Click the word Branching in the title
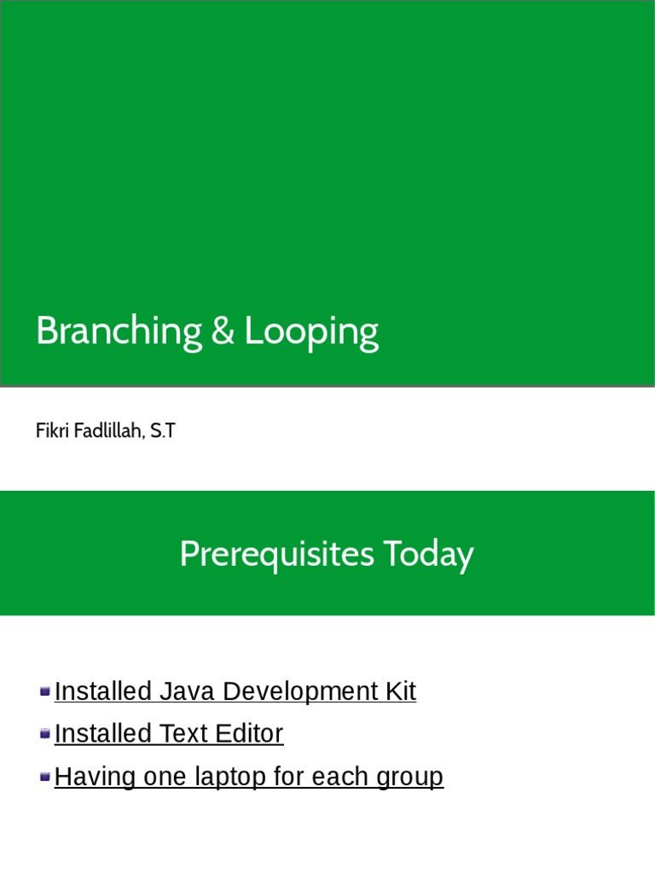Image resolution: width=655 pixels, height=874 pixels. click(118, 331)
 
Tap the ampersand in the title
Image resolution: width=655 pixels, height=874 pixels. click(222, 331)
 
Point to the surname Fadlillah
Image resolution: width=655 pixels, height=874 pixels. click(106, 431)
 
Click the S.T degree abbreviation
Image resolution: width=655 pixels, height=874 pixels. click(162, 431)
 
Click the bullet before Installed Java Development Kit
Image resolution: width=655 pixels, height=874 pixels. click(45, 690)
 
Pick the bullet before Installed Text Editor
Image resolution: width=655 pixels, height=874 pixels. click(45, 733)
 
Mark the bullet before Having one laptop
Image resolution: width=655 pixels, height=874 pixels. click(45, 776)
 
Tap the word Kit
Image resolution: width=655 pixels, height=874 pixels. click(397, 691)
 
